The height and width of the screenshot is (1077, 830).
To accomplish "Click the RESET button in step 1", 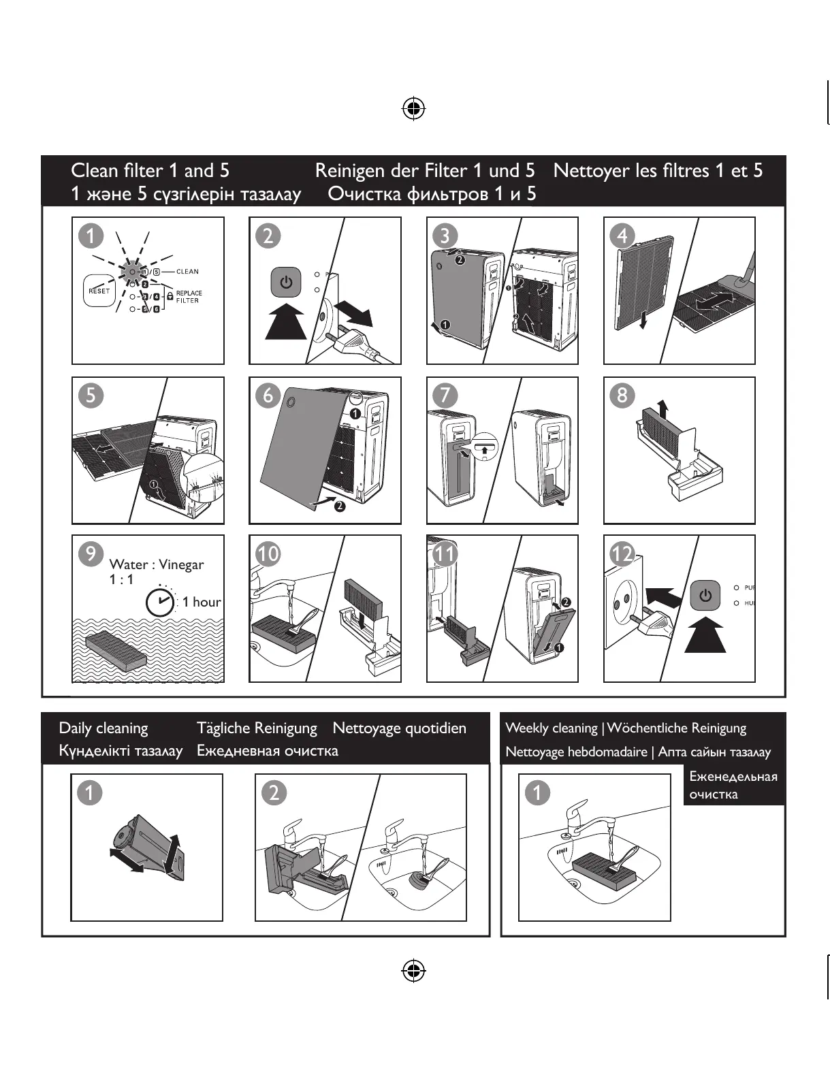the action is pos(99,291).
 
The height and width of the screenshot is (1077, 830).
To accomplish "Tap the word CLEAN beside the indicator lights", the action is pos(187,272).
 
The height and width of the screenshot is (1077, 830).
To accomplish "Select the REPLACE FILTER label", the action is pos(189,297).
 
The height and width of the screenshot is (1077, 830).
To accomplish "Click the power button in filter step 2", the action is pos(286,283).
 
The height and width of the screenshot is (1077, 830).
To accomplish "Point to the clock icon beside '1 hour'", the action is pos(161,602).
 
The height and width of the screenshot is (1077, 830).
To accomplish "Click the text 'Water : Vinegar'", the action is pos(156,564).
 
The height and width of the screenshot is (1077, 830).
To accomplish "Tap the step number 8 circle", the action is pos(622,396).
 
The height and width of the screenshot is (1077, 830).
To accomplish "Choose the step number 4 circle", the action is pos(622,236).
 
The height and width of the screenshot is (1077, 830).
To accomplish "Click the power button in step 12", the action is pos(705,595).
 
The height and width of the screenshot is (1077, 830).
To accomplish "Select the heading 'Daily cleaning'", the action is pos(103,728).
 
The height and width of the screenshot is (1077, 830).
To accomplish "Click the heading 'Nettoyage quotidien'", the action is pos(399,728).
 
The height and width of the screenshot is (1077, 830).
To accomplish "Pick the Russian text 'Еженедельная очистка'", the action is pos(733,785).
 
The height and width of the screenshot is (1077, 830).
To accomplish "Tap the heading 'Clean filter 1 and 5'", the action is pos(150,170).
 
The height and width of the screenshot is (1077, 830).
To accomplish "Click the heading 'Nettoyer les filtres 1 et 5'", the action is pos(658,170).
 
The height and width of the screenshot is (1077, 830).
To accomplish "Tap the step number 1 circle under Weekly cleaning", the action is pos(537,792).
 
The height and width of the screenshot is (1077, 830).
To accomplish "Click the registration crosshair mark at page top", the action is pos(413,108).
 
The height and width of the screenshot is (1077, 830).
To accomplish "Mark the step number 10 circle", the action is pos(268,553).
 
